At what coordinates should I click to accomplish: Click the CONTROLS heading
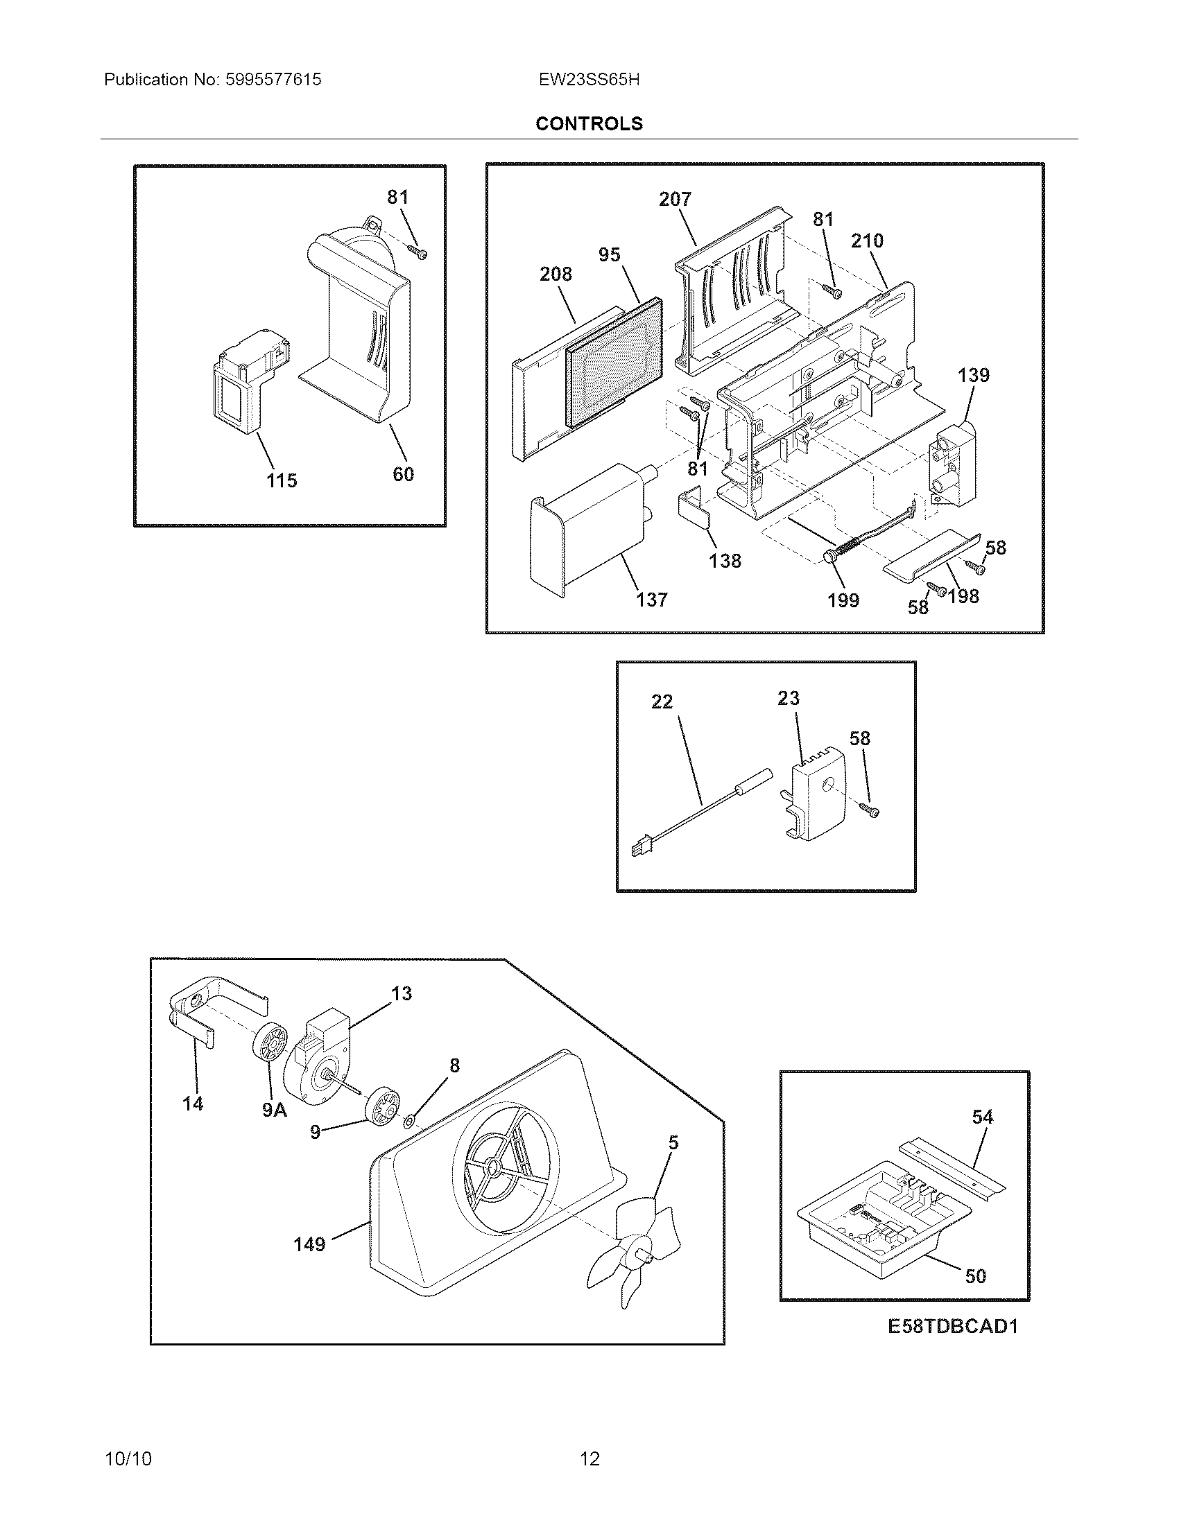(x=589, y=123)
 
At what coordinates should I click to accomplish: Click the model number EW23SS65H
(x=589, y=80)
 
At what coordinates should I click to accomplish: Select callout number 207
(x=675, y=200)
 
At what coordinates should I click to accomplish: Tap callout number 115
(x=282, y=480)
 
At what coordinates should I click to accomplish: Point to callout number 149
(x=309, y=1244)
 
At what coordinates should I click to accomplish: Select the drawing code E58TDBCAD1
(x=953, y=1345)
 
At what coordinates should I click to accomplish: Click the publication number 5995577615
(x=273, y=80)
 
